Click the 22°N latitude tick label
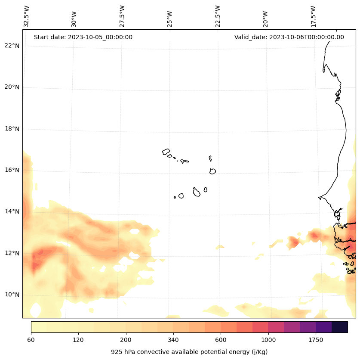(x=12, y=46)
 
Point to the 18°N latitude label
(x=12, y=129)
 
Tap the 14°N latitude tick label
(x=12, y=211)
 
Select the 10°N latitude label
(x=12, y=295)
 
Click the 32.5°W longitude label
(x=27, y=16)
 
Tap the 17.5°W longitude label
(x=313, y=16)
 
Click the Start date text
(x=83, y=37)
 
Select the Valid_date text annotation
(x=289, y=37)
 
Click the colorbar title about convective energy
(x=189, y=352)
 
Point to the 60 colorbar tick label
(x=31, y=340)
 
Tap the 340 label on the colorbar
(x=173, y=340)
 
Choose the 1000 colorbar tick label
(x=268, y=340)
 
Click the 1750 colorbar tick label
(x=316, y=340)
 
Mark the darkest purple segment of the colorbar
(x=340, y=327)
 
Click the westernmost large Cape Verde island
(x=166, y=152)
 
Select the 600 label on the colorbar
(x=221, y=340)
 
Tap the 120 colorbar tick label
(x=78, y=340)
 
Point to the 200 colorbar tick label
(x=126, y=340)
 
